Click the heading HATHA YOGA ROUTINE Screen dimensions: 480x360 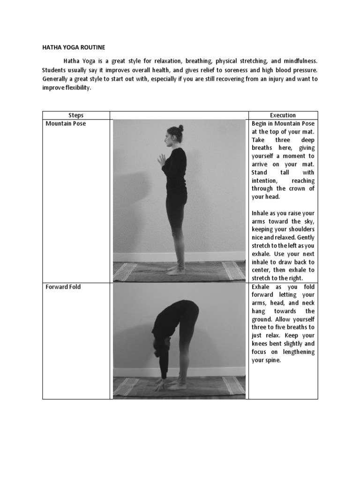(x=74, y=47)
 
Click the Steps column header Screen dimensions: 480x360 (x=76, y=115)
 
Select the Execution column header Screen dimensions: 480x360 (x=283, y=115)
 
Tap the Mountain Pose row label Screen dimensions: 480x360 (x=66, y=124)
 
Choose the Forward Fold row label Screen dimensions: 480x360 (x=63, y=286)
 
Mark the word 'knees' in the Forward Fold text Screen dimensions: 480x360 (x=261, y=344)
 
